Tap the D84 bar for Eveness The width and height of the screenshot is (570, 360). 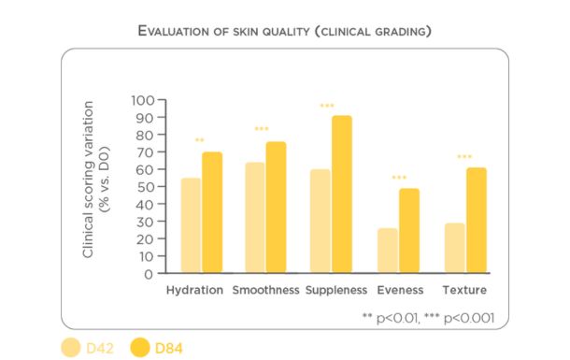[x=409, y=231]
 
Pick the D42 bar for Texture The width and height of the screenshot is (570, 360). [x=454, y=249]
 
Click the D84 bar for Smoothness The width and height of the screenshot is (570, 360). [x=276, y=208]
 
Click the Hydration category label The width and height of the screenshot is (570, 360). [x=194, y=290]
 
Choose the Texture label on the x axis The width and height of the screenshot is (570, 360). [x=464, y=290]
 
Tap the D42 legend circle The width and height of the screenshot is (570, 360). [x=71, y=348]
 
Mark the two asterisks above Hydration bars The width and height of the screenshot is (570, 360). [x=200, y=140]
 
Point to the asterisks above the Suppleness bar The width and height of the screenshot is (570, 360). [x=327, y=106]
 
